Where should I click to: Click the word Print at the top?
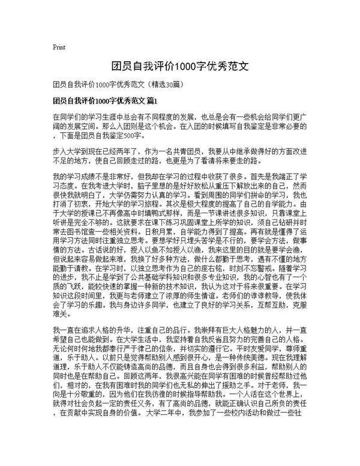pyautogui.click(x=59, y=46)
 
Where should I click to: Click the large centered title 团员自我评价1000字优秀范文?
pyautogui.click(x=180, y=64)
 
